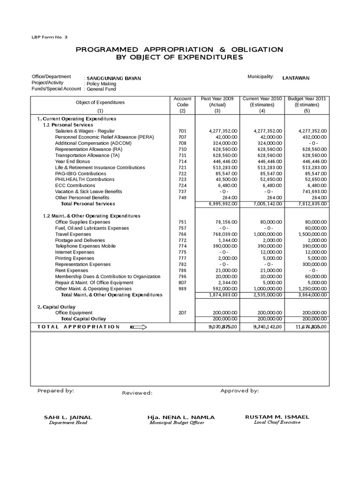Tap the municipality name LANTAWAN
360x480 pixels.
click(296, 78)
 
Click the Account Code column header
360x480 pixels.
click(182, 105)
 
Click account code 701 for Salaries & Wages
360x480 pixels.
click(182, 131)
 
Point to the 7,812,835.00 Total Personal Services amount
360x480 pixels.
click(311, 204)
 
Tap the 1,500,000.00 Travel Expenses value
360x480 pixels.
click(311, 234)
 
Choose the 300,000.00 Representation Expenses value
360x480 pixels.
click(314, 264)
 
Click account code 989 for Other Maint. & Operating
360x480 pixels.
click(182, 289)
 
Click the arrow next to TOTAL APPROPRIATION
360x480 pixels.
click(138, 327)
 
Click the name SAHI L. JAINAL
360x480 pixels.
click(68, 417)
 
